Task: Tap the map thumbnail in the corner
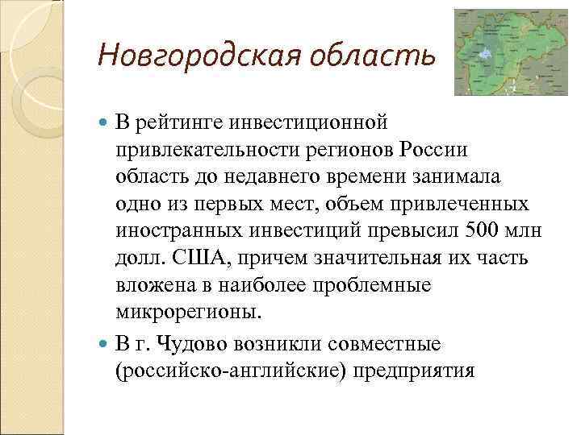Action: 510,52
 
